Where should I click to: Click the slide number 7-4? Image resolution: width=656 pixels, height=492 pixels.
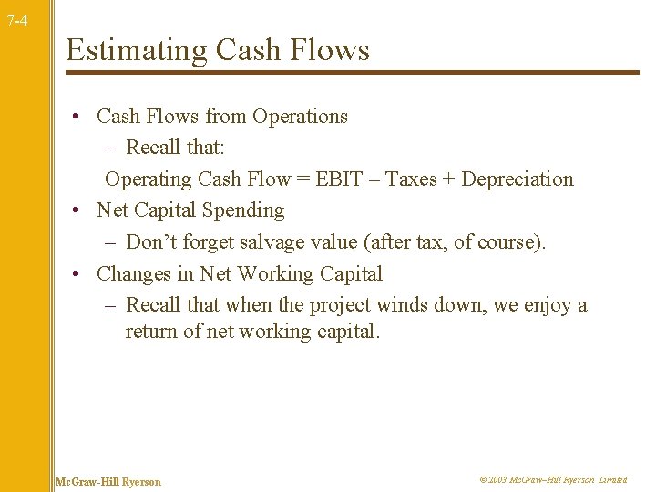click(16, 19)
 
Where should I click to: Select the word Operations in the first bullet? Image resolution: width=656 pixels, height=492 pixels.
click(300, 117)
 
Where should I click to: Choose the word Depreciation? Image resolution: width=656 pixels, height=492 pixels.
click(518, 179)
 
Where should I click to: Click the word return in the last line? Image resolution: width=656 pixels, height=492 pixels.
click(151, 332)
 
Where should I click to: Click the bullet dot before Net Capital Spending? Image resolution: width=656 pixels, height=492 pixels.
click(80, 210)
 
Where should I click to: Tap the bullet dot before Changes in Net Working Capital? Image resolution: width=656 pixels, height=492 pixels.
click(80, 273)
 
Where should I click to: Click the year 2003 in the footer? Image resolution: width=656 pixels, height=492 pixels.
click(497, 480)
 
